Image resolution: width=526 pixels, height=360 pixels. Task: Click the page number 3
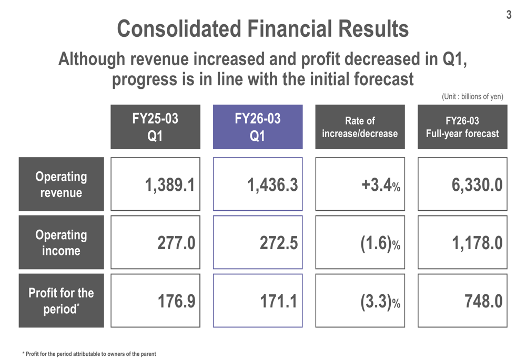pos(509,15)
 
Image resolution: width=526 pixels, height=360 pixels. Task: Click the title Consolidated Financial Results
pos(262,29)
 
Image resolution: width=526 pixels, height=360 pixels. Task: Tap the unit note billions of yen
pos(472,96)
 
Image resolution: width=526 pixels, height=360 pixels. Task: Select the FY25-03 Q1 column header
pos(155,127)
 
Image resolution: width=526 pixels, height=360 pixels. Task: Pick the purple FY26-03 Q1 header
pos(258,127)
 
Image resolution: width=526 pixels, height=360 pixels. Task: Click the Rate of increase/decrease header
pos(360,127)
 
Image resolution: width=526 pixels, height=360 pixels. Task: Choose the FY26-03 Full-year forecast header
pos(462,127)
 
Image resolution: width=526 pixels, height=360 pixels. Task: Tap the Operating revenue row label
pos(61,184)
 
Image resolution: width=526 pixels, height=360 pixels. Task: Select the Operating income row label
pos(61,242)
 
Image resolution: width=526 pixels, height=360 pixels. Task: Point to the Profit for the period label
pos(61,301)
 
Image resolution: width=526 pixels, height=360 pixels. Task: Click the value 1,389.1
pos(170,185)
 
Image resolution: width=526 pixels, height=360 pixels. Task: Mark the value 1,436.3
pos(272,185)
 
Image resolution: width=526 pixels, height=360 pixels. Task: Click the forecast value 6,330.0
pos(477,185)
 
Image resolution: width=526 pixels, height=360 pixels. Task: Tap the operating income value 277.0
pos(176,243)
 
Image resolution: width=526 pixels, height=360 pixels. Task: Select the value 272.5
pos(279,243)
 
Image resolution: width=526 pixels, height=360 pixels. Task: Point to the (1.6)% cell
pos(380,243)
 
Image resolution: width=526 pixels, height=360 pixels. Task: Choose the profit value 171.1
pos(279,301)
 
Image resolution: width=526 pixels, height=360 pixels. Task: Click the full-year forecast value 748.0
pos(483,301)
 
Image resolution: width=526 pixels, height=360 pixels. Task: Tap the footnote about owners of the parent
pos(89,354)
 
